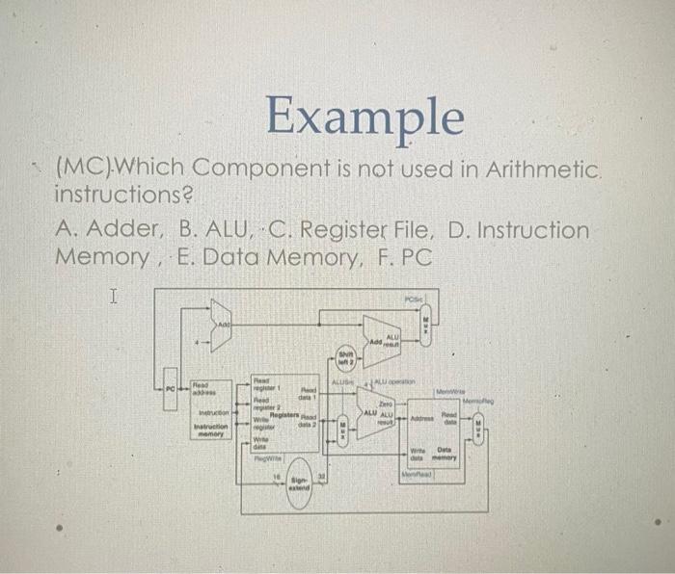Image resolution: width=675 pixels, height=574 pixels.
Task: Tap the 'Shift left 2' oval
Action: pyautogui.click(x=346, y=357)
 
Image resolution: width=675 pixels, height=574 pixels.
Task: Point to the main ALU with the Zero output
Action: pyautogui.click(x=375, y=417)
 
